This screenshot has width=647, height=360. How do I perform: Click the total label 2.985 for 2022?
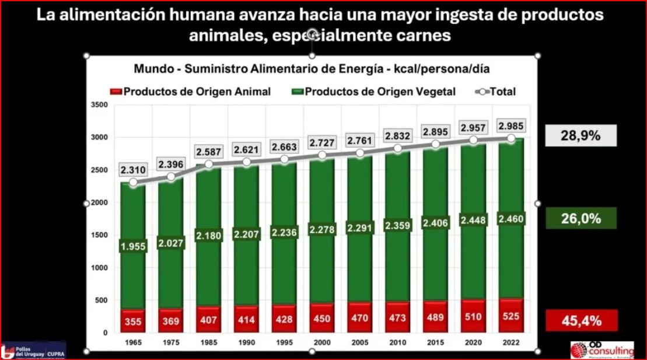point(510,126)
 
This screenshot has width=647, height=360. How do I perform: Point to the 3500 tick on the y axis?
point(100,105)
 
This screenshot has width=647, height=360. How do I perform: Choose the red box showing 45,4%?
point(580,320)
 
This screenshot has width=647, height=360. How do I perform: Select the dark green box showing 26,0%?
point(580,219)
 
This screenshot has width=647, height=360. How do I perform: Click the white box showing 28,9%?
point(580,137)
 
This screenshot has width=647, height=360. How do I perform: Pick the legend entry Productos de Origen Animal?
point(190,92)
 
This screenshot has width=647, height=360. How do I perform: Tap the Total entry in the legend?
point(496,92)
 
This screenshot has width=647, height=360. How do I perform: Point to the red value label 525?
point(510,319)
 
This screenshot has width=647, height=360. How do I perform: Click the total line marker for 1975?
point(171,176)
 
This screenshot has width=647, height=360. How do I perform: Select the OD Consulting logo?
point(601,349)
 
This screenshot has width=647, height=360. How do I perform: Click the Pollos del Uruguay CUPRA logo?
point(33,351)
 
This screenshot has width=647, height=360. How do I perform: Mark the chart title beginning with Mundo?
point(312,69)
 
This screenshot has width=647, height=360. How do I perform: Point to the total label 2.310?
point(133,170)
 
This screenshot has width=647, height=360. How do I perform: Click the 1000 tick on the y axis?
point(100,268)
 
